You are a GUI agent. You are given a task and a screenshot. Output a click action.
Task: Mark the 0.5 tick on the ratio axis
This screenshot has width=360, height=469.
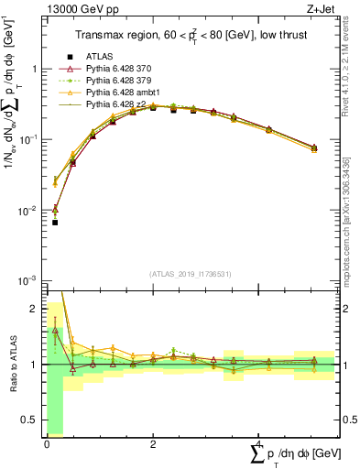31,420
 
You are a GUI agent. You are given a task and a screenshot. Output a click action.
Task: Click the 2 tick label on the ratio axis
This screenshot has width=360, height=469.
35,309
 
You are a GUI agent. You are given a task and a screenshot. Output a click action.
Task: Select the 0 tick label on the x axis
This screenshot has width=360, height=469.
47,444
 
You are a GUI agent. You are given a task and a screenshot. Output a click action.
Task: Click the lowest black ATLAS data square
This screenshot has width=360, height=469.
55,223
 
